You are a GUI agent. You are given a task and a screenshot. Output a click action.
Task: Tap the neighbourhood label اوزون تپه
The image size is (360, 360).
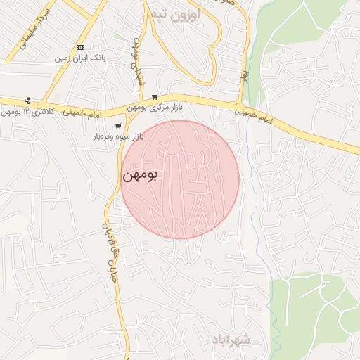coord(175,14)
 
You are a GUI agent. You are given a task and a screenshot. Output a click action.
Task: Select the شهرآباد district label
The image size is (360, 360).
coord(230,340)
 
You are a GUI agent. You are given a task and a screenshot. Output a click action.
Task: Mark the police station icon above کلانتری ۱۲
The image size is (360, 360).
coord(27,101)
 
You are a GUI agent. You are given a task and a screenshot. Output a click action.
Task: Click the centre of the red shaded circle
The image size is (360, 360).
coord(180,179)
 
